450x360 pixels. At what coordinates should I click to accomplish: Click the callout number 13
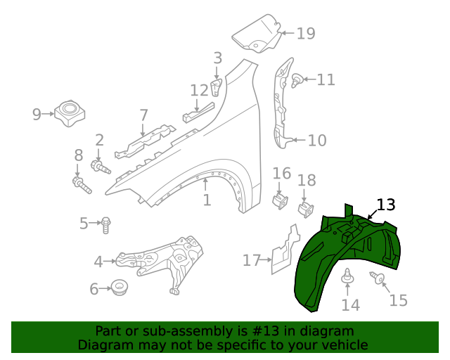386,205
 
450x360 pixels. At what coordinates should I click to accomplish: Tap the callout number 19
306,33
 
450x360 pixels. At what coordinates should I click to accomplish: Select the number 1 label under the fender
207,200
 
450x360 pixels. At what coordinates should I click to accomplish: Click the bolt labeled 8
81,185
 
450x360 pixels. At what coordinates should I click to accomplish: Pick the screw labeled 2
101,167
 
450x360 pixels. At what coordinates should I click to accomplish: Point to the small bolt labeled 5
105,224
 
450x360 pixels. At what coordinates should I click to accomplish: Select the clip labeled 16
280,200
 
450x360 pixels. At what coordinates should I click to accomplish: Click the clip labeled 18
306,208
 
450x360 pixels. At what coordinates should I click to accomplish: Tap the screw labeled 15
378,280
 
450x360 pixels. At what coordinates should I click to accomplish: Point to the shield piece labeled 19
256,34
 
